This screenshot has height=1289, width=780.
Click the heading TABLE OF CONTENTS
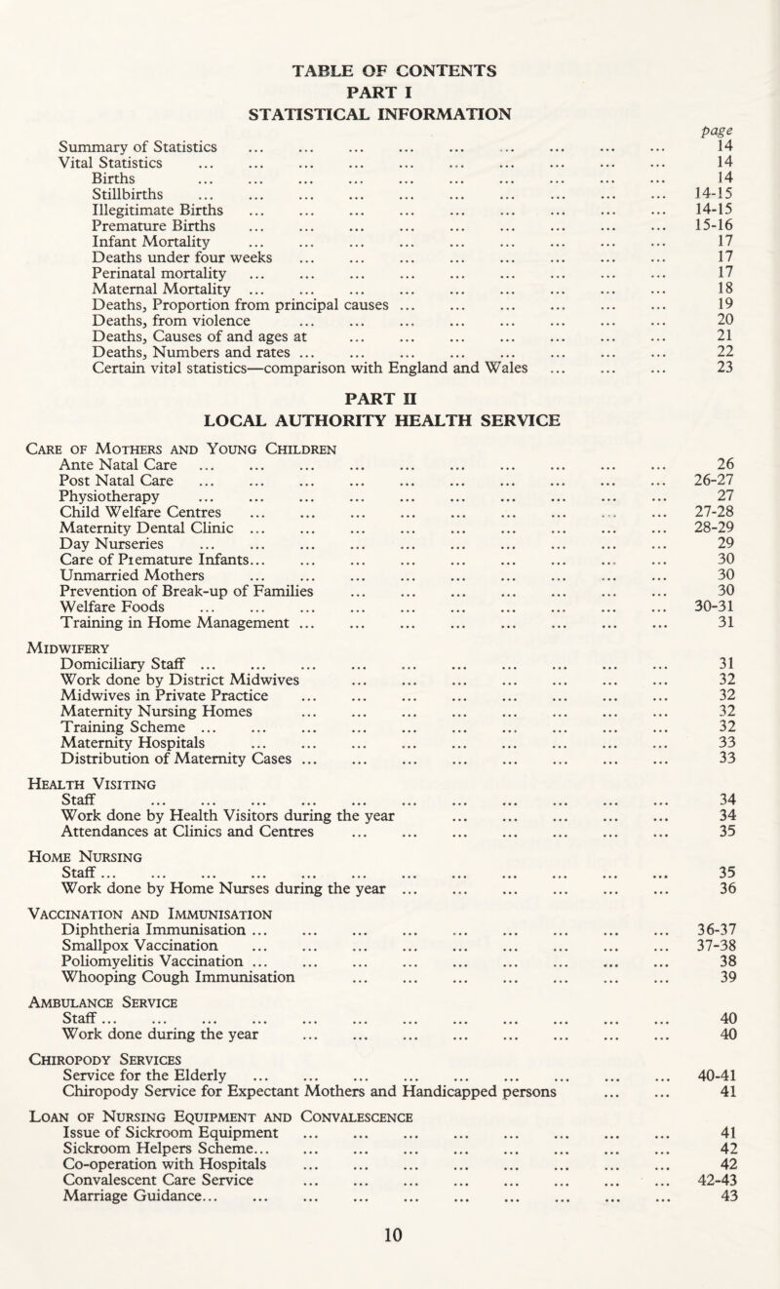coord(389,69)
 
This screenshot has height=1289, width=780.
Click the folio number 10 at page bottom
coord(389,1277)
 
